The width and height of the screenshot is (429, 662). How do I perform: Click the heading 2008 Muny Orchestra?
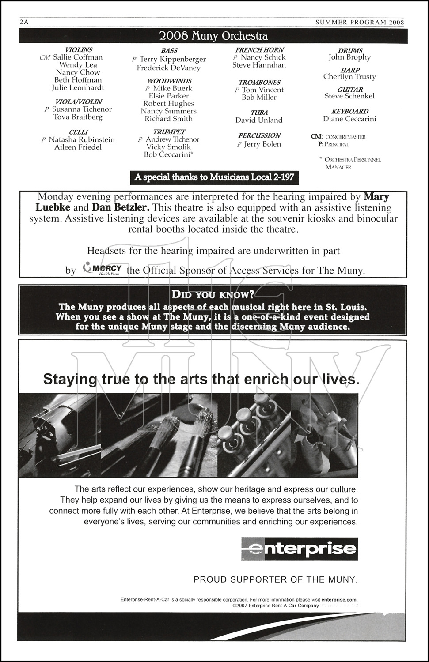[213, 36]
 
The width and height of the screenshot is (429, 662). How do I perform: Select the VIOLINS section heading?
[79, 50]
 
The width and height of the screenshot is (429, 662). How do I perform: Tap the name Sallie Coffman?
[78, 57]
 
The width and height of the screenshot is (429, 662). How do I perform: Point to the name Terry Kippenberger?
[173, 59]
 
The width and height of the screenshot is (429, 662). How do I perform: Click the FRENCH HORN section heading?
[259, 50]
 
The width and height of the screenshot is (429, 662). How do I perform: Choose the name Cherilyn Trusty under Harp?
[349, 77]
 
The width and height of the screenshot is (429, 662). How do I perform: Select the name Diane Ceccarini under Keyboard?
[349, 119]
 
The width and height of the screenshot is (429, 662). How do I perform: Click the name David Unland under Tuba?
[259, 120]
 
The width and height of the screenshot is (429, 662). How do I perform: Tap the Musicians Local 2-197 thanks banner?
[214, 177]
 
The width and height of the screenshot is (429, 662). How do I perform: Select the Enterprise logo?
[300, 549]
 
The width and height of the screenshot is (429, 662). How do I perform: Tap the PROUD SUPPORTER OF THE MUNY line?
[275, 579]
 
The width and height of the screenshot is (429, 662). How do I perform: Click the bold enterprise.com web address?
[339, 599]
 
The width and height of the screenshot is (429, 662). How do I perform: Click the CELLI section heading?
[78, 132]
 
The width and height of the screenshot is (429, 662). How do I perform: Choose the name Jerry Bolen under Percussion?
[262, 144]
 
